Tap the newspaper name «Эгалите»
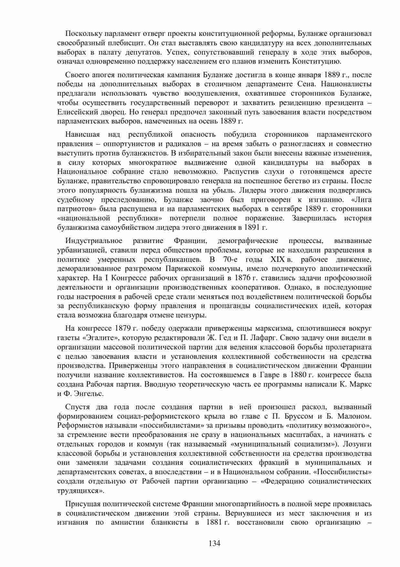point(102,338)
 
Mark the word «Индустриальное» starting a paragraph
point(94,241)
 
